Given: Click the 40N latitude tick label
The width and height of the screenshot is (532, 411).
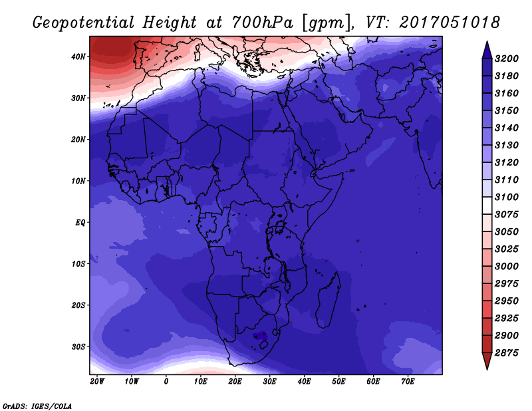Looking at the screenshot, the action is [x=78, y=57].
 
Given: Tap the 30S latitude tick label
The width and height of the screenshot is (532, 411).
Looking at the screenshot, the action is [x=78, y=346].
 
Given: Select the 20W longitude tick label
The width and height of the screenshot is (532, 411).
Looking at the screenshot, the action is [x=97, y=381].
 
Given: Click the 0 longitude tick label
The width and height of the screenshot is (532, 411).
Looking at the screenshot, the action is [x=166, y=381].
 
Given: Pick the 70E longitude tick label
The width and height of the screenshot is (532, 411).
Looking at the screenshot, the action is [x=408, y=381].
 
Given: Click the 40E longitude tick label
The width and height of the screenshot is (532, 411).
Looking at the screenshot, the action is [x=304, y=381].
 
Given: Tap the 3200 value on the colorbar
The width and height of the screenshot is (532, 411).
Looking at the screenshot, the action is [x=507, y=59].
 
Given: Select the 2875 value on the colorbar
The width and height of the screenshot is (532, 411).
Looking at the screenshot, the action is [x=507, y=353].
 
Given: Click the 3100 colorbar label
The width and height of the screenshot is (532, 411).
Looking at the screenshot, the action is [x=507, y=197].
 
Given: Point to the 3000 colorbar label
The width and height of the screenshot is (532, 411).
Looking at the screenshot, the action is [x=507, y=267].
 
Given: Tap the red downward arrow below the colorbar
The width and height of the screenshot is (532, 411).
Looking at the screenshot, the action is [x=487, y=360].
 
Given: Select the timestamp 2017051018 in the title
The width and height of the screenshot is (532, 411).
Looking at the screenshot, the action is [x=450, y=23].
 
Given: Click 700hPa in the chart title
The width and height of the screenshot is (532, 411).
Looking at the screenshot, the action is [x=263, y=23].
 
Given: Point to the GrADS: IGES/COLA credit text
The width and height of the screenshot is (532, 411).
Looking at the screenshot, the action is [x=37, y=406].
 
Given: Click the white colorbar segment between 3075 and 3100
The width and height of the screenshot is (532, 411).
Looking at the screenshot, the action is [x=487, y=205].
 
